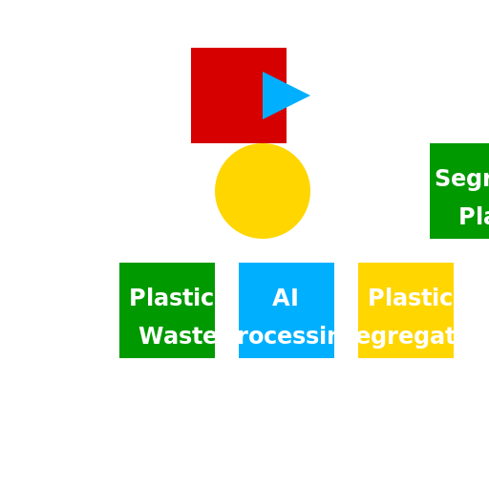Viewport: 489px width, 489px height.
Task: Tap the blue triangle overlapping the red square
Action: coord(281,96)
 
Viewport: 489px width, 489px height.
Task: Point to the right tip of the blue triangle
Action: coord(309,96)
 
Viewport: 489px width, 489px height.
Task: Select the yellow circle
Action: coord(263,191)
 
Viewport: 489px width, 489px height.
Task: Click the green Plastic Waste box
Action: coord(167,310)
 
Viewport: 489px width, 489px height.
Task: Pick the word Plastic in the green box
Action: coord(171,298)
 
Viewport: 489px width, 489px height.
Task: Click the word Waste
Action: coord(178,336)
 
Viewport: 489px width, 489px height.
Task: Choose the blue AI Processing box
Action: coord(287,310)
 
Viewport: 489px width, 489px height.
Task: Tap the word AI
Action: coord(286,298)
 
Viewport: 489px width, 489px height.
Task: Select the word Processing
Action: coord(287,336)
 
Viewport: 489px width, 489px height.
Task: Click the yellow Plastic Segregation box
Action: coord(406,310)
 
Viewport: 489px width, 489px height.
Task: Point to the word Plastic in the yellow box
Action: coord(410,298)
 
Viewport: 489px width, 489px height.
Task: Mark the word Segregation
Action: coord(415,336)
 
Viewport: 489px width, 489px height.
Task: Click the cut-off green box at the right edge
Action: coord(459,191)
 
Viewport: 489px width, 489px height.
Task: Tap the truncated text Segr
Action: coord(461,180)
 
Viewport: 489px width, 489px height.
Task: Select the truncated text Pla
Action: coord(473,217)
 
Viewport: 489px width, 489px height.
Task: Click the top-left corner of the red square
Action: coord(192,49)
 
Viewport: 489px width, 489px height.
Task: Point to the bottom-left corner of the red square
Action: coord(192,142)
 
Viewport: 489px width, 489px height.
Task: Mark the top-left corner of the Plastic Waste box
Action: coord(120,264)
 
